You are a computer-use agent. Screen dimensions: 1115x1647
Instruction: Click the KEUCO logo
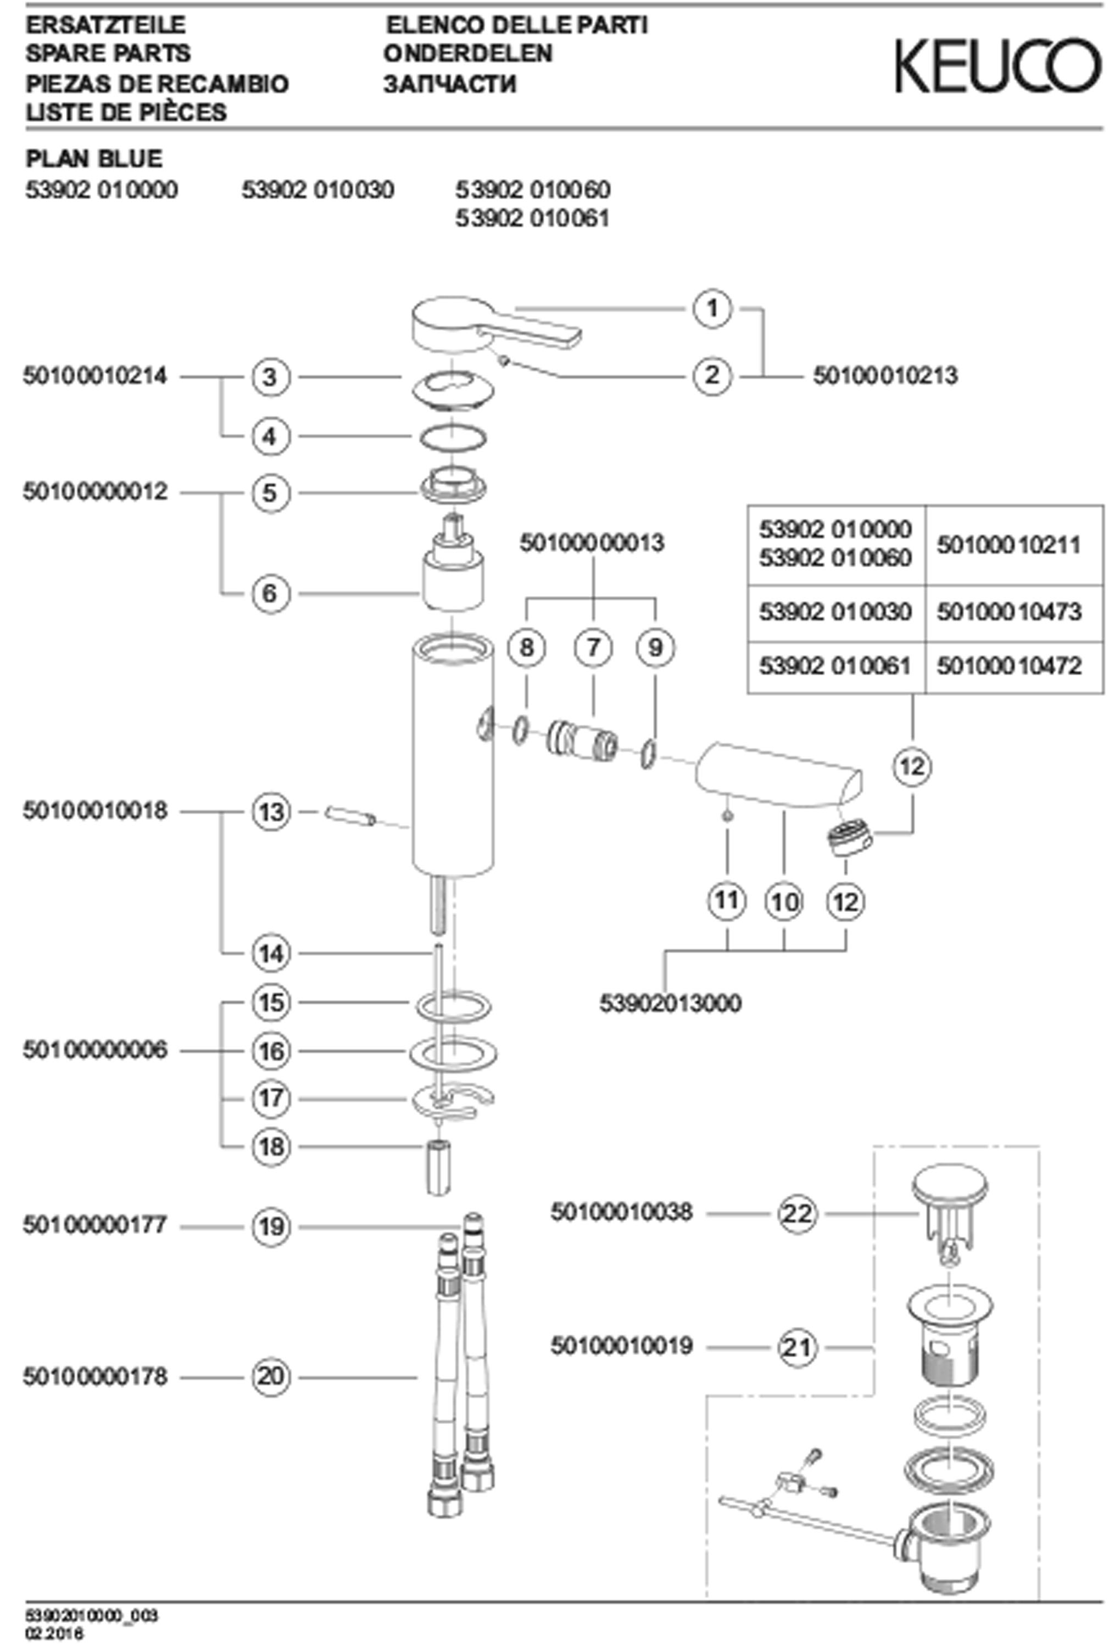[998, 66]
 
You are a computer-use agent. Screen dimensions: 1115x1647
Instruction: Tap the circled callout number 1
[712, 309]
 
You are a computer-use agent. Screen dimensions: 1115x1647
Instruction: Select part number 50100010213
[885, 375]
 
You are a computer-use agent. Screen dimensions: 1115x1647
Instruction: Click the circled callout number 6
[270, 593]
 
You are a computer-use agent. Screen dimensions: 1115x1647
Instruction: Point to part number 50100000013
[592, 543]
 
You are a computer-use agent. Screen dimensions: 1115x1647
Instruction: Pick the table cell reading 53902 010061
[835, 665]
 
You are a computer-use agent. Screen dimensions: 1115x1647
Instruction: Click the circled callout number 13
[271, 811]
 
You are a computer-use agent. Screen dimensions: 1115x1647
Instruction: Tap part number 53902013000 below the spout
[671, 1003]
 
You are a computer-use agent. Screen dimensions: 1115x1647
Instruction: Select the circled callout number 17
[271, 1099]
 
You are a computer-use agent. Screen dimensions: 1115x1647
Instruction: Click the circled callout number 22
[798, 1214]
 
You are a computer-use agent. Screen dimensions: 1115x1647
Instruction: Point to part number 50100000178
[95, 1377]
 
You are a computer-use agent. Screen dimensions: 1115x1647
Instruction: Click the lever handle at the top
[495, 326]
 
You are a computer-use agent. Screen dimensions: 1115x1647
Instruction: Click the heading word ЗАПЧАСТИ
[450, 83]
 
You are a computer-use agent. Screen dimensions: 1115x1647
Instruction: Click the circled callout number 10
[784, 902]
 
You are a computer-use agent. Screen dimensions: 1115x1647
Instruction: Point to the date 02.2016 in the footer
[54, 1633]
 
